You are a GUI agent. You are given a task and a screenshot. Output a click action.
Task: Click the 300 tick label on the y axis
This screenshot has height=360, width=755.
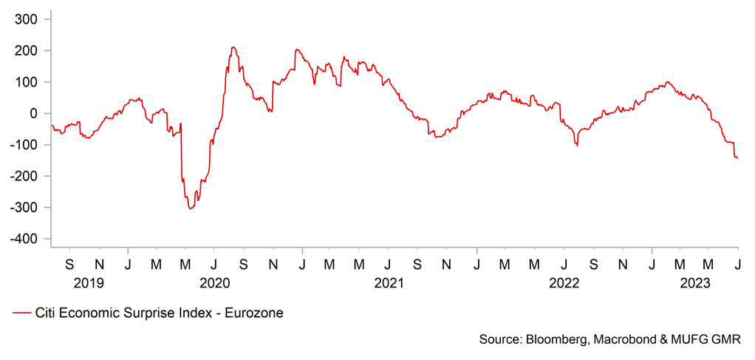point(27,18)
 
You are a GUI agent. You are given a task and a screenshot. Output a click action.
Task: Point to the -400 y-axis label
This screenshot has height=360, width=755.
point(24,239)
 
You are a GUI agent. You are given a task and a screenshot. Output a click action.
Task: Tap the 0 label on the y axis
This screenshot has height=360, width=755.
point(35,113)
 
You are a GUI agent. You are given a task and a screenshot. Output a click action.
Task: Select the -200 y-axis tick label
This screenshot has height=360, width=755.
point(24,176)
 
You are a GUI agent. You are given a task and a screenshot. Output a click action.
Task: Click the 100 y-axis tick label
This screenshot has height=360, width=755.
point(27,81)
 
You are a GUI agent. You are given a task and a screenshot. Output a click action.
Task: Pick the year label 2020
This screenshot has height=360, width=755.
point(215,283)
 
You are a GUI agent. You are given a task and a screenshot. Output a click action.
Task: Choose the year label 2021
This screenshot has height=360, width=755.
point(389,283)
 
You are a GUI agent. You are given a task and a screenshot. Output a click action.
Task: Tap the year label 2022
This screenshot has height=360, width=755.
point(564,283)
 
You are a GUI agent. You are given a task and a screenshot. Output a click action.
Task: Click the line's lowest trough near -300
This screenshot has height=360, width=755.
point(190,208)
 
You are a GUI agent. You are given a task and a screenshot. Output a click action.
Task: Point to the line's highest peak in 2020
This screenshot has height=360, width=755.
point(233,47)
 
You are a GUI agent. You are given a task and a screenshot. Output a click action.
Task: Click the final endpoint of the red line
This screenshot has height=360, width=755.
point(738,158)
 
